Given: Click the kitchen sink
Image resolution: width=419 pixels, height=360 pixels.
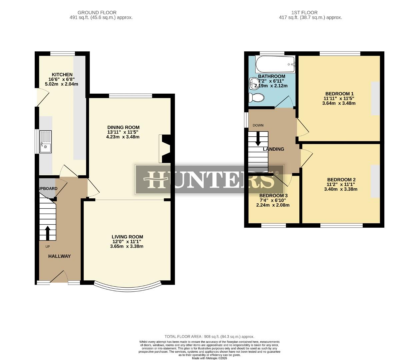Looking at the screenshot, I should [45, 142].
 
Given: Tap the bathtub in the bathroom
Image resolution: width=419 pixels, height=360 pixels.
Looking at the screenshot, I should [275, 65].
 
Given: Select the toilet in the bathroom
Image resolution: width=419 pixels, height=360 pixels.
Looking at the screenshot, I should [256, 98].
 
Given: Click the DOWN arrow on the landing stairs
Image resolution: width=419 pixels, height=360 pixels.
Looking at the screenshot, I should [258, 138].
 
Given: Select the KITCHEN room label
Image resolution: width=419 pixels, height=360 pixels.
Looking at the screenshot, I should [62, 74].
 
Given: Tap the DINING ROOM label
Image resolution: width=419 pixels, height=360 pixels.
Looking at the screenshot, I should [123, 127].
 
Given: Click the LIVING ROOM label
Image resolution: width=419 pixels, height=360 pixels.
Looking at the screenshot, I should [127, 237].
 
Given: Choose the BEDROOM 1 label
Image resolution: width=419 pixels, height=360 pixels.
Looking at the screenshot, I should [339, 94].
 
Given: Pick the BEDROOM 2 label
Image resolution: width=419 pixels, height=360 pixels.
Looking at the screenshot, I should [341, 180].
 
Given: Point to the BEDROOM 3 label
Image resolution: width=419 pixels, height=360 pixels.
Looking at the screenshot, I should [273, 195].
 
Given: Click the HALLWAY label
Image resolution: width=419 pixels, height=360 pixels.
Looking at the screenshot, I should [59, 256].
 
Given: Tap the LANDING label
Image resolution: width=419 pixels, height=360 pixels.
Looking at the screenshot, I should [273, 149].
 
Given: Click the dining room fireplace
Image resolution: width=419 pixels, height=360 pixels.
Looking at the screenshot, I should [165, 149].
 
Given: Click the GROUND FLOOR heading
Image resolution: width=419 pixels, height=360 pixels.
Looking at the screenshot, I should [97, 13].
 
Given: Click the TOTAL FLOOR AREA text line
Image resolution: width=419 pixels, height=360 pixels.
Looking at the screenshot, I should [209, 337].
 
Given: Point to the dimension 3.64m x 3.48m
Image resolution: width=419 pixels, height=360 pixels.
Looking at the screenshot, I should [339, 103].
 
